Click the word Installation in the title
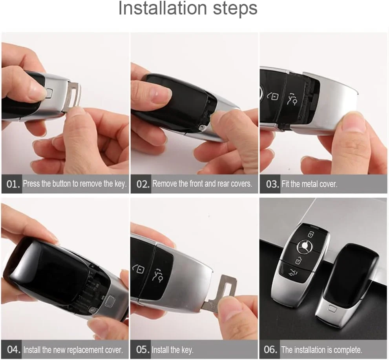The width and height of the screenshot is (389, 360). tap(163, 8)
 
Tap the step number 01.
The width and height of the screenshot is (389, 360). tap(13, 184)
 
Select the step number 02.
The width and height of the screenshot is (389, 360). tap(142, 184)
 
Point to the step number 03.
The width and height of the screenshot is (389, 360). tap(272, 184)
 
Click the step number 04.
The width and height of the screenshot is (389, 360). tap(13, 349)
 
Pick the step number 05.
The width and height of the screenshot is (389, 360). tap(142, 349)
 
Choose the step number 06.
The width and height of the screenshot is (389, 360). tap(271, 349)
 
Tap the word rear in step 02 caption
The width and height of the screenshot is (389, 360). tap(223, 184)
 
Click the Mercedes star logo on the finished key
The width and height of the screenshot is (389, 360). tap(305, 247)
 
